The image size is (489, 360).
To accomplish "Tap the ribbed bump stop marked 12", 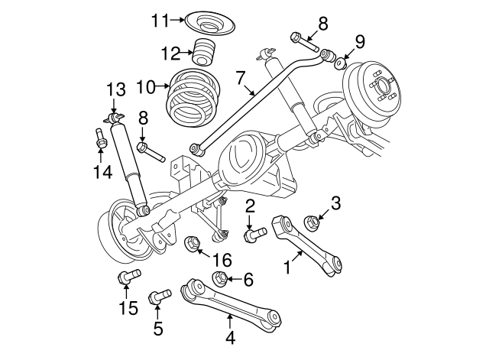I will [x=204, y=53].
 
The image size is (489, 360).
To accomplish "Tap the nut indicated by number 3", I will [x=311, y=222].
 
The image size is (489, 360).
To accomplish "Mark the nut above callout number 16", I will [x=193, y=243].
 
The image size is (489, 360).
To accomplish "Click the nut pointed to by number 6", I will [x=218, y=278].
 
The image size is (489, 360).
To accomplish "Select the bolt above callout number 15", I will [x=125, y=278].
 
